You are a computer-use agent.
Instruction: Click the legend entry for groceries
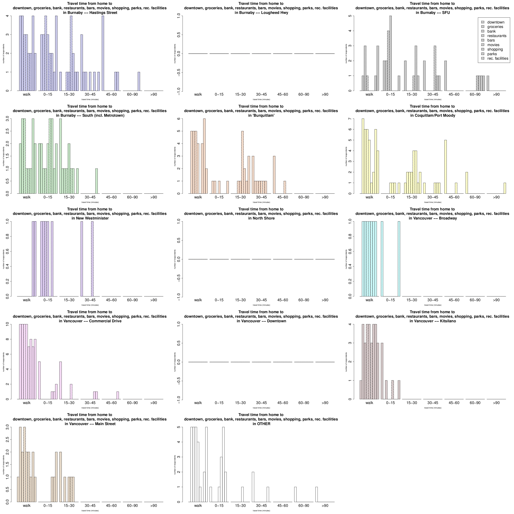[495, 27]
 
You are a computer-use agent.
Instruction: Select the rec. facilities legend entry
[498, 58]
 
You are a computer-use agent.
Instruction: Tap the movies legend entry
[493, 45]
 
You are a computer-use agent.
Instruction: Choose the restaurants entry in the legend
[497, 36]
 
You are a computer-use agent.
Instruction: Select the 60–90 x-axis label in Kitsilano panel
[475, 403]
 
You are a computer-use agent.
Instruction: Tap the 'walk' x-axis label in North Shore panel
[198, 300]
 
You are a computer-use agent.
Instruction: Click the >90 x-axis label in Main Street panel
[154, 505]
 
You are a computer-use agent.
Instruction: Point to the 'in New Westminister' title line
[90, 218]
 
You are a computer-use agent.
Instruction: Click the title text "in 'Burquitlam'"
[261, 115]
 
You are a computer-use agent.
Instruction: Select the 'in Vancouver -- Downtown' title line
[261, 321]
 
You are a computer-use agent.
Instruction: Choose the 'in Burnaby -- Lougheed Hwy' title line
[261, 13]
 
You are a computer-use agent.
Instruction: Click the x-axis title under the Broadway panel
[433, 305]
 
